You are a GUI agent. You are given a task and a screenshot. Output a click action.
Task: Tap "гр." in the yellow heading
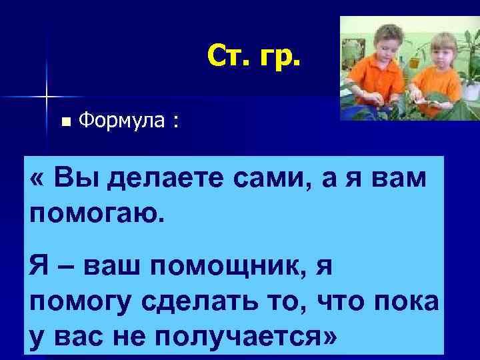[x=281, y=58]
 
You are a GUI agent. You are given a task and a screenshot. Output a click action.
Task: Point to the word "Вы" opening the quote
[x=71, y=179]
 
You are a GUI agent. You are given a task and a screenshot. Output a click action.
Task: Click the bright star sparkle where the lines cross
[x=47, y=97]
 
